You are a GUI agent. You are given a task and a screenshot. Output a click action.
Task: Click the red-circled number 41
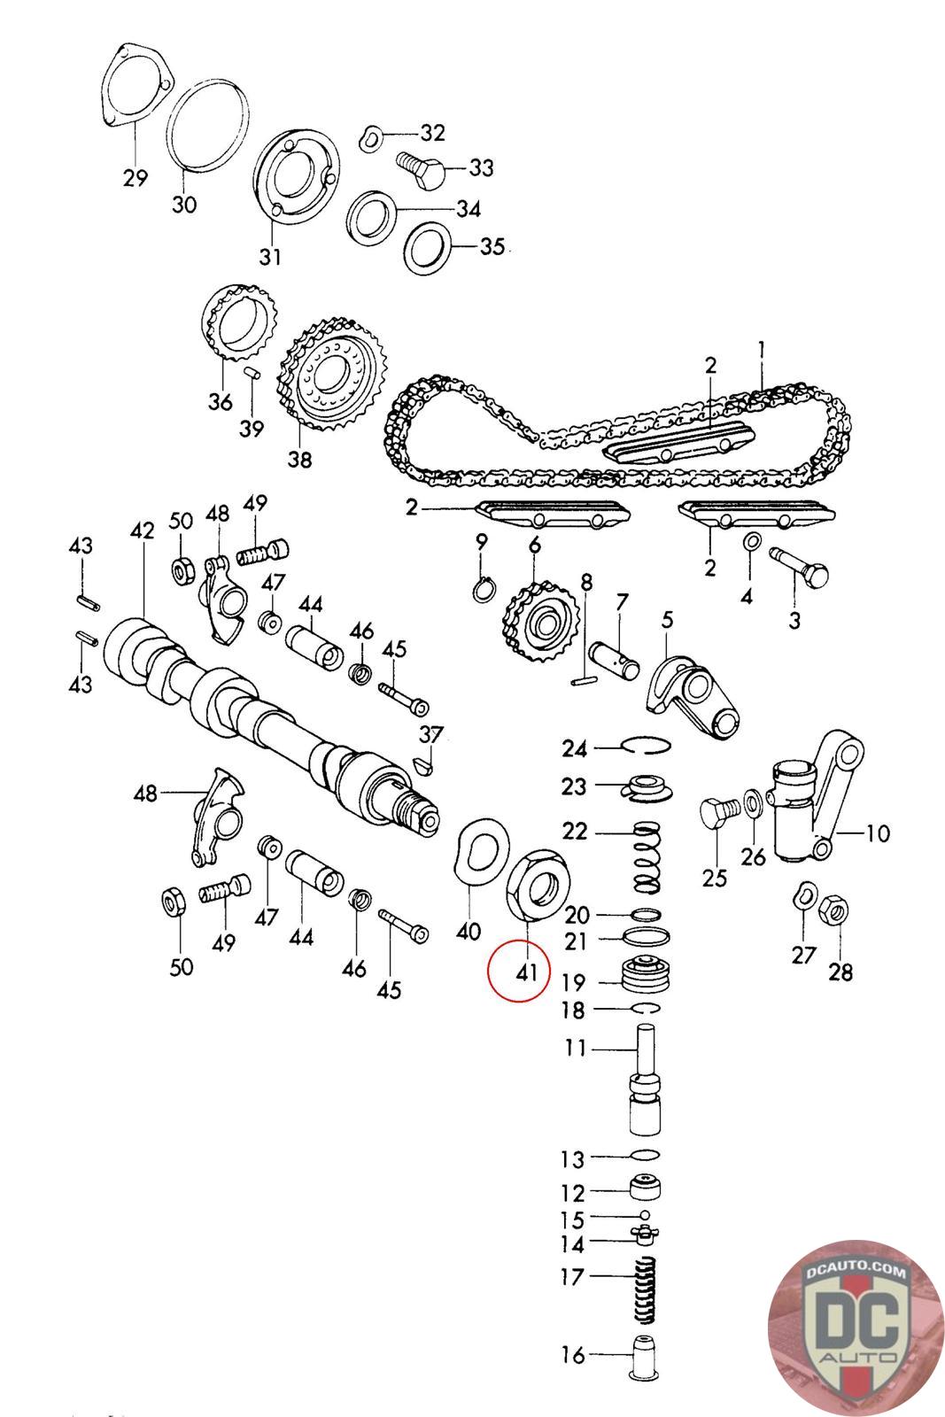[526, 972]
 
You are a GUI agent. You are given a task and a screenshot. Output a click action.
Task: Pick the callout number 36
[220, 401]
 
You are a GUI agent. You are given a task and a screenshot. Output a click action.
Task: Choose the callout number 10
[877, 833]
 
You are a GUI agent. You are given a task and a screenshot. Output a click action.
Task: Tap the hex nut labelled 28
[833, 909]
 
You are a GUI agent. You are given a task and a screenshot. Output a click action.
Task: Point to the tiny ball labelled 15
[646, 1215]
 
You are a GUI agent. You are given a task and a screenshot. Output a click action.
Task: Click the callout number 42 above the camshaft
[142, 530]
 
